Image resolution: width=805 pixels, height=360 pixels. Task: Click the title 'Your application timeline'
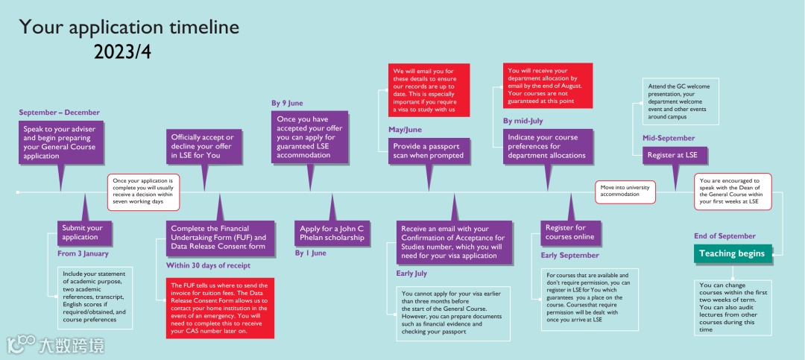click(129, 28)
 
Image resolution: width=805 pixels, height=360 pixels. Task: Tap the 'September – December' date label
click(59, 113)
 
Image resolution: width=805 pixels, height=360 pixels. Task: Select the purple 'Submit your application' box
click(84, 233)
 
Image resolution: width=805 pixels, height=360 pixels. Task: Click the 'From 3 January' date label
click(83, 253)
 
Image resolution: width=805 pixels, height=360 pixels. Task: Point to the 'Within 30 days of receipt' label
click(208, 265)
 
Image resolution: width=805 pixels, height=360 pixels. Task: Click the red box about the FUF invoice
click(220, 308)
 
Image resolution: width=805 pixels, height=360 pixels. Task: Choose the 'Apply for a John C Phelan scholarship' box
click(332, 233)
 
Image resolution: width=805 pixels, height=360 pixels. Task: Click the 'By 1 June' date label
click(310, 253)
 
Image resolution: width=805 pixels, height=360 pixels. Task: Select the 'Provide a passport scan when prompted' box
click(428, 151)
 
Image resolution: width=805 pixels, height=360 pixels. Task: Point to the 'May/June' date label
click(405, 129)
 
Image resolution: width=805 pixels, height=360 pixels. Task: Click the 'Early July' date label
click(411, 274)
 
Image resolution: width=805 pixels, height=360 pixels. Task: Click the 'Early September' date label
click(569, 256)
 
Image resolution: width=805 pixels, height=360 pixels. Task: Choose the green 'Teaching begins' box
click(731, 253)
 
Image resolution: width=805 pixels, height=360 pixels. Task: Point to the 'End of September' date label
click(724, 236)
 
